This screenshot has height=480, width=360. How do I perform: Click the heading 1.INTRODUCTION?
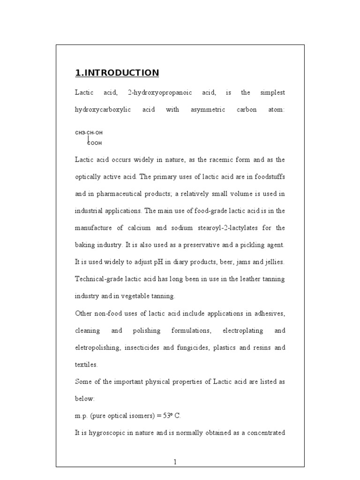[x=117, y=73]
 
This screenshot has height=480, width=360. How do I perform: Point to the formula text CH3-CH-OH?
[x=89, y=133]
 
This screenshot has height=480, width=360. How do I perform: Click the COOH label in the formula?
[x=95, y=143]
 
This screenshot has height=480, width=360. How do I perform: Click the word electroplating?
[x=236, y=330]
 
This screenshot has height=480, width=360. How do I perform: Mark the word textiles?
[x=86, y=365]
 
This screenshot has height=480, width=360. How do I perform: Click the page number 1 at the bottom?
[x=175, y=462]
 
